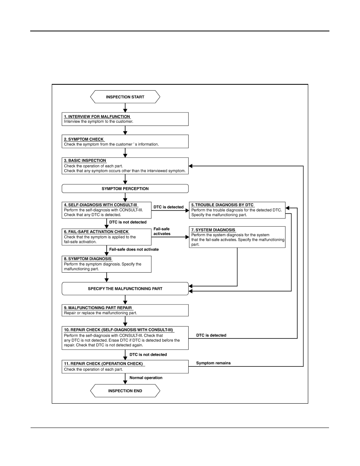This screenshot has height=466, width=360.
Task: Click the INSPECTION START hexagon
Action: click(125, 97)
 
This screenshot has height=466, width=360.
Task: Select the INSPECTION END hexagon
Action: click(125, 391)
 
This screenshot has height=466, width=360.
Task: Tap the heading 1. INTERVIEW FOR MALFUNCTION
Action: click(97, 116)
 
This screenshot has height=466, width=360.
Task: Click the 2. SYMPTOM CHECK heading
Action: click(84, 139)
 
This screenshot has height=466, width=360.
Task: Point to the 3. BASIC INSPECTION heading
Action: click(85, 160)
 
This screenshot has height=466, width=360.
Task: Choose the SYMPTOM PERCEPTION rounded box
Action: click(125, 188)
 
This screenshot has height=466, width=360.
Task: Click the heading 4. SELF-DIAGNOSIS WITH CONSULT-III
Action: click(101, 205)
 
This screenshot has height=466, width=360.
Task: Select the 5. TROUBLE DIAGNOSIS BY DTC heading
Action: click(222, 205)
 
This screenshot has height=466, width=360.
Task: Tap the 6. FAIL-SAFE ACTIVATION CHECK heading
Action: click(96, 231)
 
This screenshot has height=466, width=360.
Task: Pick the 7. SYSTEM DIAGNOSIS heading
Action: click(213, 230)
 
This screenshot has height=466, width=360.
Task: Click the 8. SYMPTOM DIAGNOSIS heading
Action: click(87, 258)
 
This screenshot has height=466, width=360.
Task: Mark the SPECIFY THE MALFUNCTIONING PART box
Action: click(125, 289)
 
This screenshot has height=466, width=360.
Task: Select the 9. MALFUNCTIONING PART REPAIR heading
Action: click(98, 308)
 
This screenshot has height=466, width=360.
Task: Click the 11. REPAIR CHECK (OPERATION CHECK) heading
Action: click(104, 364)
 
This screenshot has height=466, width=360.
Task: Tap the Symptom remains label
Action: click(213, 363)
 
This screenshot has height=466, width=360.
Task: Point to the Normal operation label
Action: click(146, 378)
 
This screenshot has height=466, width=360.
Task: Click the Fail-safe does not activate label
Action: click(134, 249)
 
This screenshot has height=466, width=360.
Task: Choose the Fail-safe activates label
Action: click(162, 231)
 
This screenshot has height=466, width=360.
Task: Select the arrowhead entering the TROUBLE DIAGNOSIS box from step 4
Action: click(187, 210)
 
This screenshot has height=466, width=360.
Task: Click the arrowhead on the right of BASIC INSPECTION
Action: click(191, 166)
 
